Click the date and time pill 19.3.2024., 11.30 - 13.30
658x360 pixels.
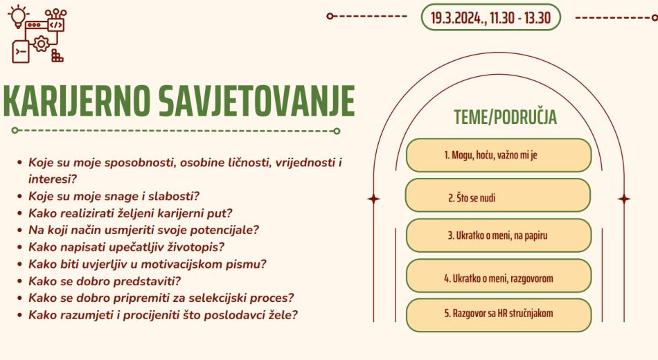tap(490, 17)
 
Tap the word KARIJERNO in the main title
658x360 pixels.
tap(77, 101)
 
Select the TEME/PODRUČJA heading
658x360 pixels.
tap(505, 118)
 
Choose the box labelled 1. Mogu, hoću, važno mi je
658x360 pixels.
tap(499, 155)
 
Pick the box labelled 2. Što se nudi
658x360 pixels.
tap(498, 195)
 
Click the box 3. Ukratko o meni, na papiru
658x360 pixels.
tap(499, 235)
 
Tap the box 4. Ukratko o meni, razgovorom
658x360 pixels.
tap(499, 276)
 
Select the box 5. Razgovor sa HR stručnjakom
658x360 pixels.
tap(499, 315)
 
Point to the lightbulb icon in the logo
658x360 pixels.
tap(17, 17)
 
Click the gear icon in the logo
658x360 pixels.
tap(41, 44)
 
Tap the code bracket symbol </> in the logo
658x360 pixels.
tap(56, 25)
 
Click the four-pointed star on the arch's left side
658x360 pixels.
tap(373, 199)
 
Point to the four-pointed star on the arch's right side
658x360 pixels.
tap(624, 199)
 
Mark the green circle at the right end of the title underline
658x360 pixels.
tap(337, 132)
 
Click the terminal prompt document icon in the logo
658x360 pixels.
tap(21, 52)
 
